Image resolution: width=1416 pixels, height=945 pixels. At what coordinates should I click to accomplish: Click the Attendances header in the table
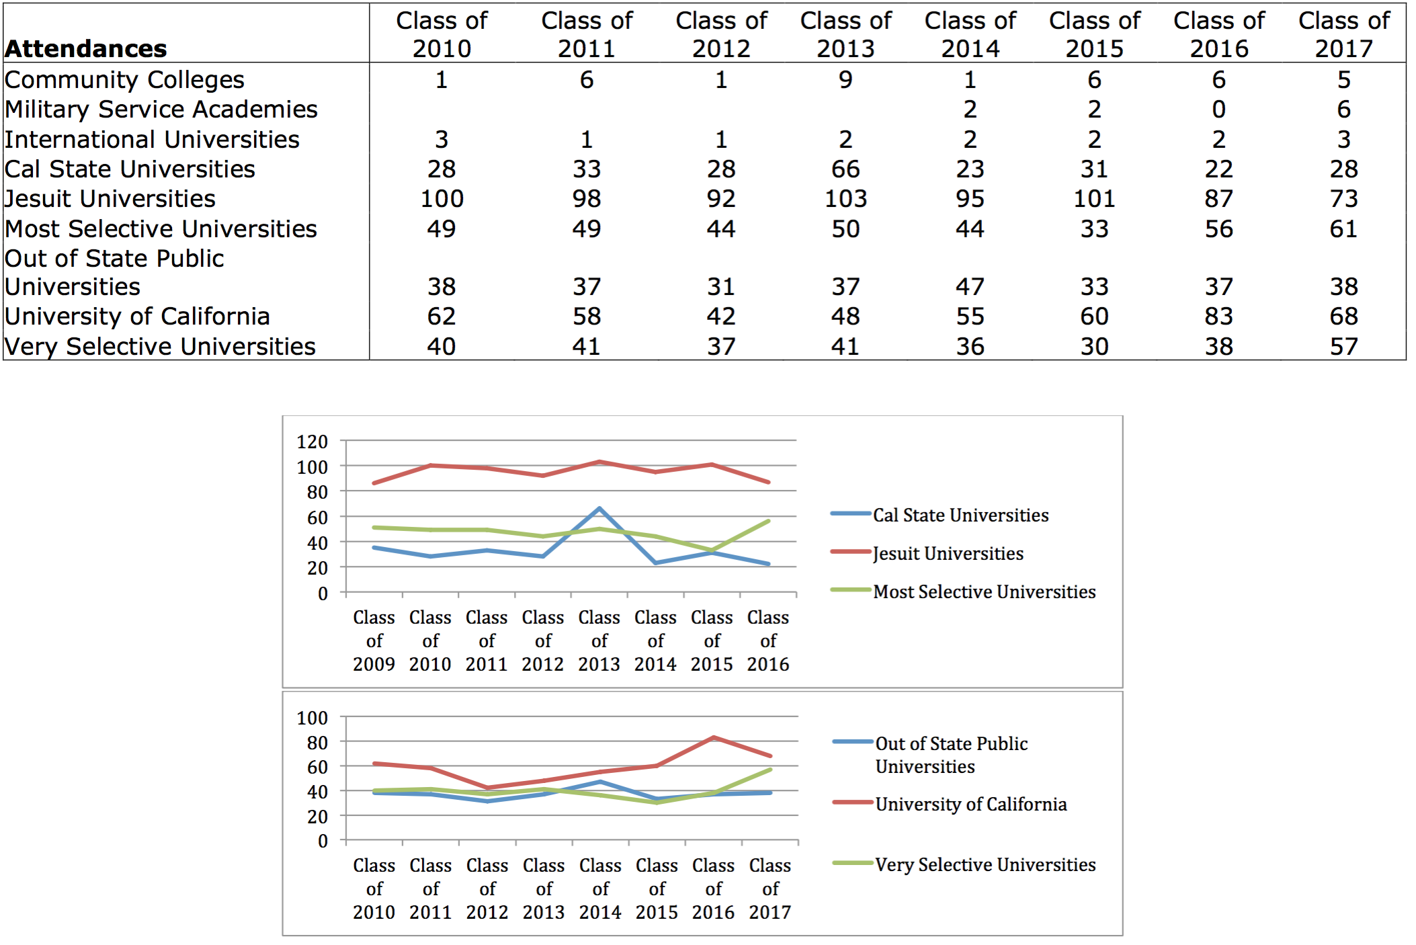click(x=86, y=48)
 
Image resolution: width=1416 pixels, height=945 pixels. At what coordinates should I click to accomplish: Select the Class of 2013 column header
click(x=845, y=34)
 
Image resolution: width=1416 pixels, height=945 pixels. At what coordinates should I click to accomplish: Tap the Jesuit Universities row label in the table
click(x=110, y=199)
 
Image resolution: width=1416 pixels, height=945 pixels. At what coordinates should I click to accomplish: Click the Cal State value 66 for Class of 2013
click(x=845, y=169)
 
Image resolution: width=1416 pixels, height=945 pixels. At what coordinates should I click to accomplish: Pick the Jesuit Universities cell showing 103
click(x=845, y=199)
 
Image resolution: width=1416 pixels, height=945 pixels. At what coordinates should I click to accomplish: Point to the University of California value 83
click(x=1218, y=317)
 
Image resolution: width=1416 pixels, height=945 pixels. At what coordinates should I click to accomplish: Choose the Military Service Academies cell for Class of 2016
click(x=1218, y=110)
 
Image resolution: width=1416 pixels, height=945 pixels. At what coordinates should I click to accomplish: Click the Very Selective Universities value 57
click(x=1343, y=347)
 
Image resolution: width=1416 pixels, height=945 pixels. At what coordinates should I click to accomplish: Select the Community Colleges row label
click(x=124, y=80)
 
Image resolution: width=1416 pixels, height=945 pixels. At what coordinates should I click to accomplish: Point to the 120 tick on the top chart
click(x=313, y=442)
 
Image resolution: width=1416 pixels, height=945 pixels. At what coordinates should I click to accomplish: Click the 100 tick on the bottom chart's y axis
click(x=313, y=718)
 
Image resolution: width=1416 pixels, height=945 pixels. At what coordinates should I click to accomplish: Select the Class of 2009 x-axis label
click(x=374, y=641)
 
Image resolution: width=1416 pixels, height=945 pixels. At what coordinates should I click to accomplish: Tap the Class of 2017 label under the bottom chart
click(x=770, y=889)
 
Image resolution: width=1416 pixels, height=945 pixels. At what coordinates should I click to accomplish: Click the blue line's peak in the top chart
click(x=599, y=508)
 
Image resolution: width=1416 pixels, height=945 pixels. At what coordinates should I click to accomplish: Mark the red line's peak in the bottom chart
click(x=714, y=738)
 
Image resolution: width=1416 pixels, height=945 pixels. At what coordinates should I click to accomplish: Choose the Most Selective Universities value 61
click(x=1343, y=229)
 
